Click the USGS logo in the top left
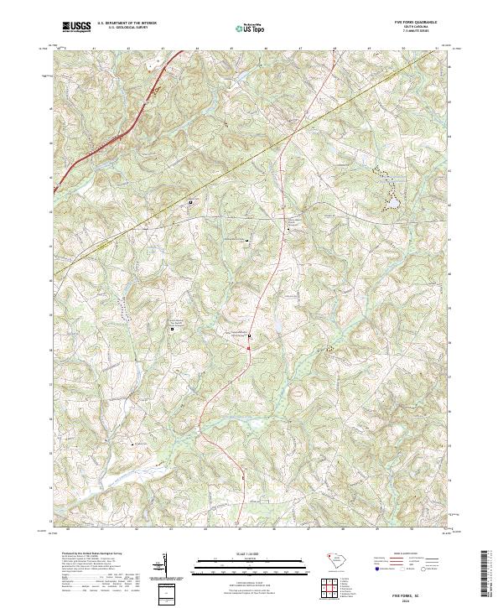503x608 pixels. click(78, 27)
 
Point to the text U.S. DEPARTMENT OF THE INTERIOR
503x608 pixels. click(127, 23)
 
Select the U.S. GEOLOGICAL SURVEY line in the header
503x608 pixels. click(127, 28)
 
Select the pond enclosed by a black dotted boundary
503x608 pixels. click(391, 202)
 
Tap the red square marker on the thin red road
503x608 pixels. click(249, 337)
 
